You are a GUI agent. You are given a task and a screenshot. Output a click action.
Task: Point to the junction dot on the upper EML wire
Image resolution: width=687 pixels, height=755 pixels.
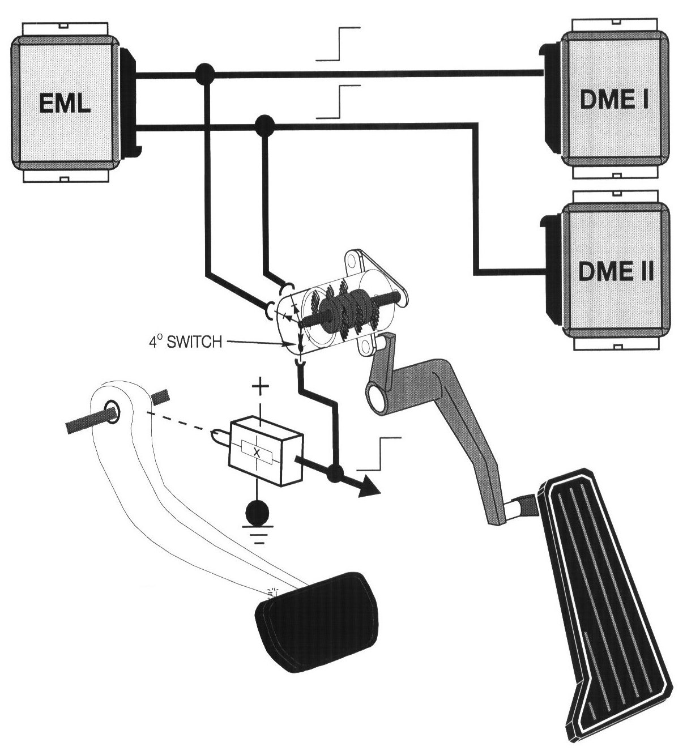tap(204, 72)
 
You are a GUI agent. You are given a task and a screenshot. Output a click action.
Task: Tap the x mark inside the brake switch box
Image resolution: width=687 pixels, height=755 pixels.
tap(257, 451)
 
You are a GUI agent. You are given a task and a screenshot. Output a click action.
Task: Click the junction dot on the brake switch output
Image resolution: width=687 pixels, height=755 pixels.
tap(336, 472)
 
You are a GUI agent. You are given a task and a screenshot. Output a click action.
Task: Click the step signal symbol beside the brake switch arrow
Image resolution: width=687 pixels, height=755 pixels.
tap(380, 453)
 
